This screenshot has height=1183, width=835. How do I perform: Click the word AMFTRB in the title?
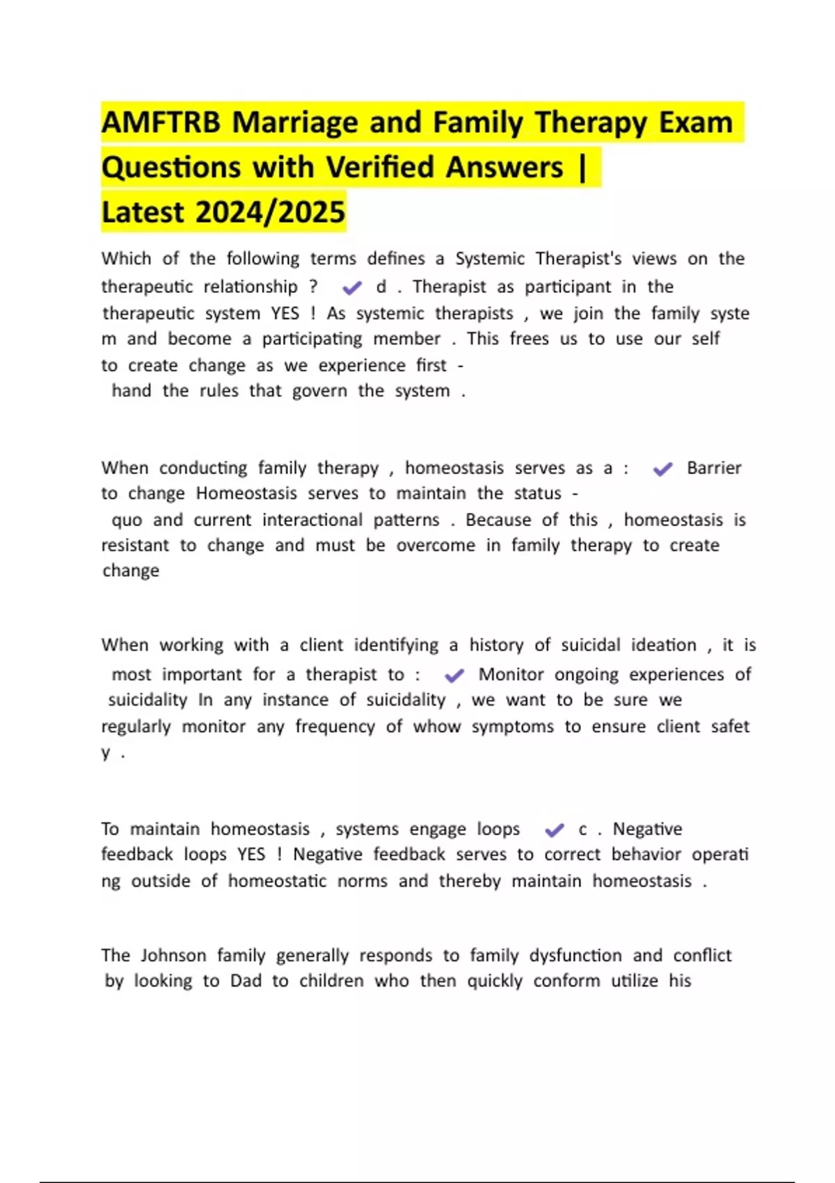coord(161,123)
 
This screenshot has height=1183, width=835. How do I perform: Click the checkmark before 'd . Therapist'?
coord(352,287)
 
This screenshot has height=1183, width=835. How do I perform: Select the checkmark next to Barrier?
coord(662,469)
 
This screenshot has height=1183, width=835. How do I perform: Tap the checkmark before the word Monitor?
coord(454,675)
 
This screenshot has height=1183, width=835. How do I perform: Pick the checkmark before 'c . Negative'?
coord(555,829)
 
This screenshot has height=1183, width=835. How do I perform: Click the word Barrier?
coord(714,468)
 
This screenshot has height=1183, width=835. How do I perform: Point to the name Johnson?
coord(173,955)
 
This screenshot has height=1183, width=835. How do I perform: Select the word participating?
coord(312,339)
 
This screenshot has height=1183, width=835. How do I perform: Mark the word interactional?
coord(312,520)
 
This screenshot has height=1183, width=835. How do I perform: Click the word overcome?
coord(436,546)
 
